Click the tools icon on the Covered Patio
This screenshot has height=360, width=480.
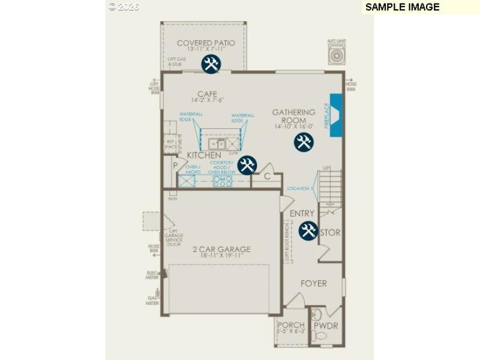pyautogui.click(x=211, y=64)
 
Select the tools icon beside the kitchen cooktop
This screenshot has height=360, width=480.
pyautogui.click(x=247, y=165)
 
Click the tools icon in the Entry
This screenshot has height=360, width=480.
pyautogui.click(x=308, y=230)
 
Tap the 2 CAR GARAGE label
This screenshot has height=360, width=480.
pyautogui.click(x=221, y=249)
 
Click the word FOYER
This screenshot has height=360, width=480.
pyautogui.click(x=314, y=283)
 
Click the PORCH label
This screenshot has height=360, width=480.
pyautogui.click(x=291, y=325)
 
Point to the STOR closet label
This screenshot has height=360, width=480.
pyautogui.click(x=331, y=233)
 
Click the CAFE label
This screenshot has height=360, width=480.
pyautogui.click(x=207, y=94)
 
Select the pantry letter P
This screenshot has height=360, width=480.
pyautogui.click(x=176, y=164)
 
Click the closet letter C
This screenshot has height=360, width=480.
pyautogui.click(x=268, y=177)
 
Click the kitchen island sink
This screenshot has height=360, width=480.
pyautogui.click(x=217, y=144)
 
